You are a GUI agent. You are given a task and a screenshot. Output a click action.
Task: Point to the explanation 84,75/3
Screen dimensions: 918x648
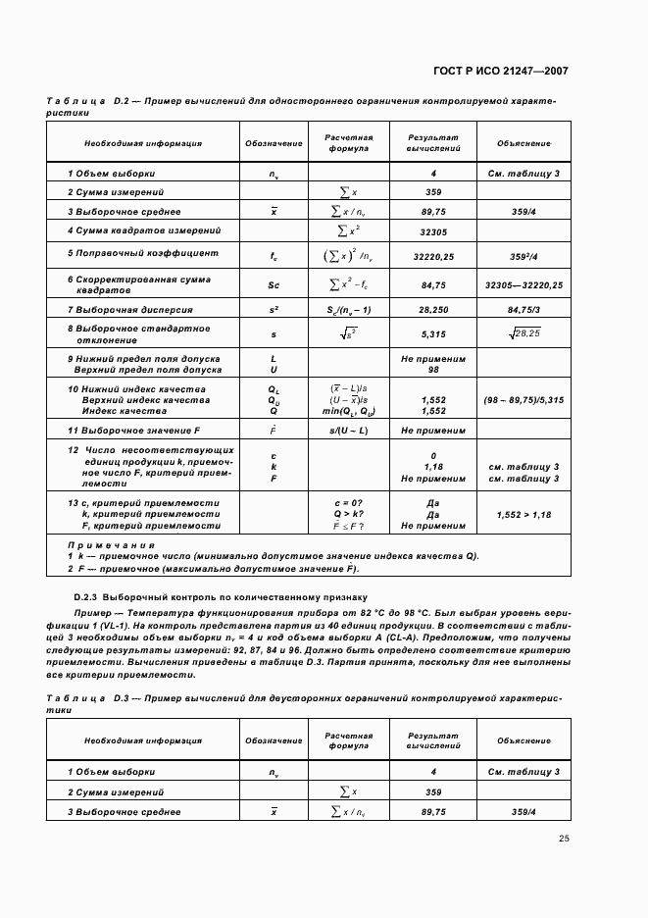(x=523, y=310)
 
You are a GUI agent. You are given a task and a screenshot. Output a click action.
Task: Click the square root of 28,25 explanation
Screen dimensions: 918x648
(x=523, y=334)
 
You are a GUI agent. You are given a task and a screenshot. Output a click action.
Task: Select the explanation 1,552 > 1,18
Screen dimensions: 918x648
(x=523, y=514)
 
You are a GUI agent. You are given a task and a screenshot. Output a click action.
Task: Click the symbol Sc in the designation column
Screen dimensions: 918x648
(x=274, y=284)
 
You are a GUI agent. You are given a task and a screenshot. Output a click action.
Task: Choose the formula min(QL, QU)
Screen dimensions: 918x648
(x=349, y=411)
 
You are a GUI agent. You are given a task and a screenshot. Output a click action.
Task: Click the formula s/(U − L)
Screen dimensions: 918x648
(x=349, y=431)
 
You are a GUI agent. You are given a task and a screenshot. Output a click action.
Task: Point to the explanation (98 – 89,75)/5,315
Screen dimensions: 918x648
(x=523, y=400)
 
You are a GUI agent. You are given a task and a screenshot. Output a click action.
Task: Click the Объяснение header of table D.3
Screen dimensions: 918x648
(x=523, y=740)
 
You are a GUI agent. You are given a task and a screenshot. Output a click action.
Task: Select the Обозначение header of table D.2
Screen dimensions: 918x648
(x=274, y=143)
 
